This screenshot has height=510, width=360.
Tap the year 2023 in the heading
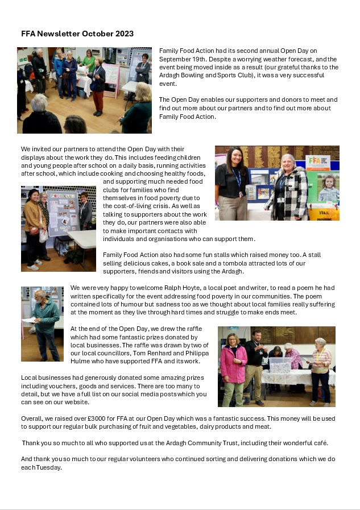coord(123,34)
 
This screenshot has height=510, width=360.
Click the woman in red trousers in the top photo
coord(98,85)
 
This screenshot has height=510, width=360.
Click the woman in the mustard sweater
coord(32,225)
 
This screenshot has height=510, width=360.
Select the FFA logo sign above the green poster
coord(318,161)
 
